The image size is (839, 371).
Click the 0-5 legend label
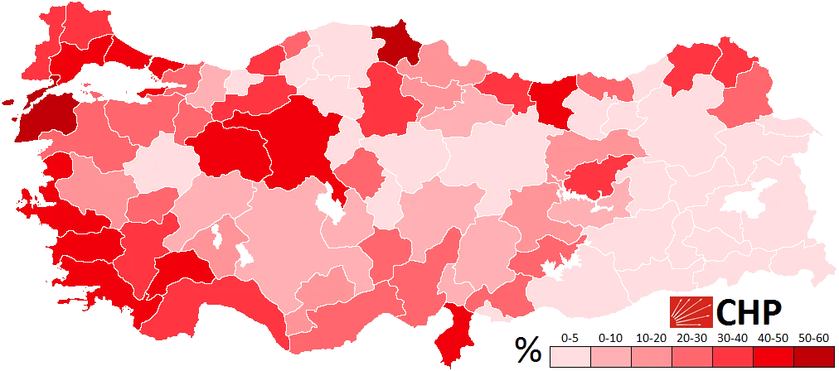tap(570, 339)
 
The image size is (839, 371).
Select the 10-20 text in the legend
tap(650, 339)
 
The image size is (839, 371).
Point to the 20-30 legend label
tap(691, 339)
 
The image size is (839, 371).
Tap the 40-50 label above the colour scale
tap(773, 339)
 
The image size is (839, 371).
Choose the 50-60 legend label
tap(813, 339)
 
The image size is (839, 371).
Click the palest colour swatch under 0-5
tap(570, 357)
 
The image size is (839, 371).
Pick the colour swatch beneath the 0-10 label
tap(610, 357)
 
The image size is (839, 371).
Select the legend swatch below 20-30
tap(691, 357)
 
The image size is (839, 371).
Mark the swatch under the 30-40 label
tap(732, 357)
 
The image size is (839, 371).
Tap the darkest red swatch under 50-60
tap(813, 357)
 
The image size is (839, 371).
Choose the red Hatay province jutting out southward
tap(455, 331)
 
